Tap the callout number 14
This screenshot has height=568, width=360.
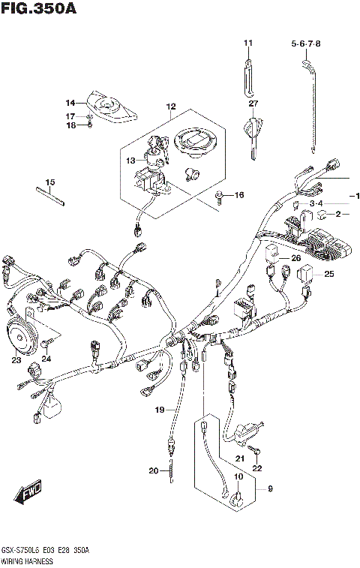click(70, 103)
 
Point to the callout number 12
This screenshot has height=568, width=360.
click(170, 107)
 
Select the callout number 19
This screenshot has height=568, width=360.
click(160, 409)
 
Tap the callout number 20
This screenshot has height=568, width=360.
click(153, 471)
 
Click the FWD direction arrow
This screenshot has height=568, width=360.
click(28, 496)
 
